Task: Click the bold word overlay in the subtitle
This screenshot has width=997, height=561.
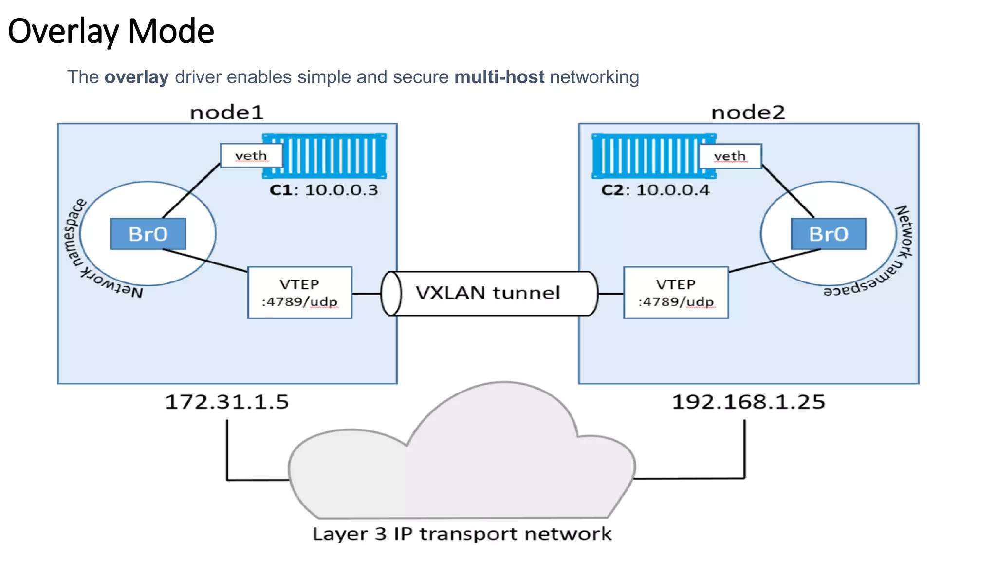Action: (136, 77)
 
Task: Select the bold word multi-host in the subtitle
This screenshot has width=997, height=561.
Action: (499, 77)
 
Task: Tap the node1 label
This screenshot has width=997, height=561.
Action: (227, 112)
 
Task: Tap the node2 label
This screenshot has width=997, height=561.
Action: (748, 112)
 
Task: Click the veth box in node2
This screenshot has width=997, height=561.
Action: (730, 156)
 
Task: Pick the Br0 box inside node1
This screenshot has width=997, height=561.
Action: (148, 234)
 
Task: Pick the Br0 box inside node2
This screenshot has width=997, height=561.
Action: (828, 234)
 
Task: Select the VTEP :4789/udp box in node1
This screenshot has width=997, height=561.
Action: (299, 293)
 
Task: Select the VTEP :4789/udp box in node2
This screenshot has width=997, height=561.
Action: (676, 293)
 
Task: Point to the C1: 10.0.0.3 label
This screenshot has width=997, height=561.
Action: (324, 190)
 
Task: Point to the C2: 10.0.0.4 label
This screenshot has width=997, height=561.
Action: (655, 190)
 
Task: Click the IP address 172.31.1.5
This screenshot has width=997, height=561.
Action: (227, 402)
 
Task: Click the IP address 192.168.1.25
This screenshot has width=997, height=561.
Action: (748, 402)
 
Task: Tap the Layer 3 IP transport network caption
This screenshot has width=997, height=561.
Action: (462, 534)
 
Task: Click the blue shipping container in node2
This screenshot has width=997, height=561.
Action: (646, 156)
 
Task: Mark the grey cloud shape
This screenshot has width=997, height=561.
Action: (462, 467)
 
